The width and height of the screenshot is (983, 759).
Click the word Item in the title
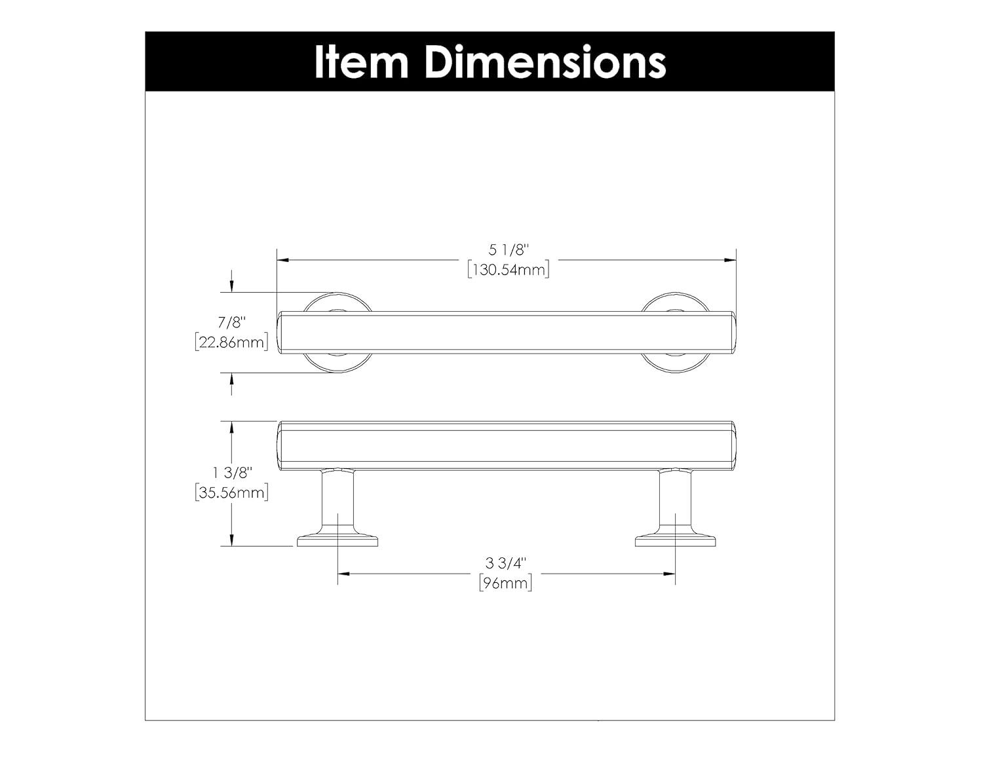tap(362, 62)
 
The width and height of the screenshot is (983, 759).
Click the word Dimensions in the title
tap(545, 62)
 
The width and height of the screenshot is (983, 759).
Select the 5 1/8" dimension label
tap(508, 250)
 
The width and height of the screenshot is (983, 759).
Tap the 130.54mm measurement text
tap(508, 270)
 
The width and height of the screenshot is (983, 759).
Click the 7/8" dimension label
tap(231, 322)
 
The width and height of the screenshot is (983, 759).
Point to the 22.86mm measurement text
tap(231, 342)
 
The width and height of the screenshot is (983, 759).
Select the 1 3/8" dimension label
tap(231, 472)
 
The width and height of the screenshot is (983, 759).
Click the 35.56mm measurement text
tap(231, 493)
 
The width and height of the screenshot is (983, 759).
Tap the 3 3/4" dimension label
tap(506, 563)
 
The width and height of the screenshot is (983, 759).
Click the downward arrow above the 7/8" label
tap(231, 286)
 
